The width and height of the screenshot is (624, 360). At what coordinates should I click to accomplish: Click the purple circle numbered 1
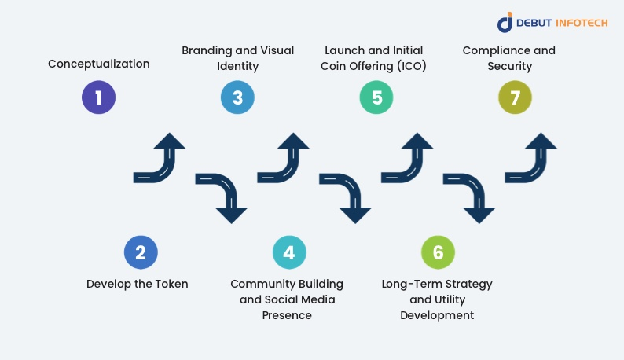(x=99, y=97)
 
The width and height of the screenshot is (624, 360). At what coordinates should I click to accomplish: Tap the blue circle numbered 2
(x=141, y=252)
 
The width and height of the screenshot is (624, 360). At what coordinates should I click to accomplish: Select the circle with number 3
(x=237, y=97)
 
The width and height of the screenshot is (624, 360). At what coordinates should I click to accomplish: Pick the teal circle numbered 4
(x=289, y=252)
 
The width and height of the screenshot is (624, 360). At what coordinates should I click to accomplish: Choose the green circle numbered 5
(x=376, y=97)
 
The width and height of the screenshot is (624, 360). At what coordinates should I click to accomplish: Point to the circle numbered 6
(x=438, y=252)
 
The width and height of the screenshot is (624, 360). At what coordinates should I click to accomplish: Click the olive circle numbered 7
(x=516, y=97)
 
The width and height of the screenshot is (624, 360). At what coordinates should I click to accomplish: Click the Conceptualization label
(x=99, y=64)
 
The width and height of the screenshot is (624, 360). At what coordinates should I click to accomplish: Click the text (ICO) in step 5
(x=409, y=66)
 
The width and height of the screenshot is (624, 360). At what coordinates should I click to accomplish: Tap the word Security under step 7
(x=508, y=66)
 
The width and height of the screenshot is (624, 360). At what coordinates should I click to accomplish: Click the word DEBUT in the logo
(x=538, y=23)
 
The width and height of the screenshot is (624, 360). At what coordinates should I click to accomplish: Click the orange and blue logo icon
(x=505, y=22)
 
